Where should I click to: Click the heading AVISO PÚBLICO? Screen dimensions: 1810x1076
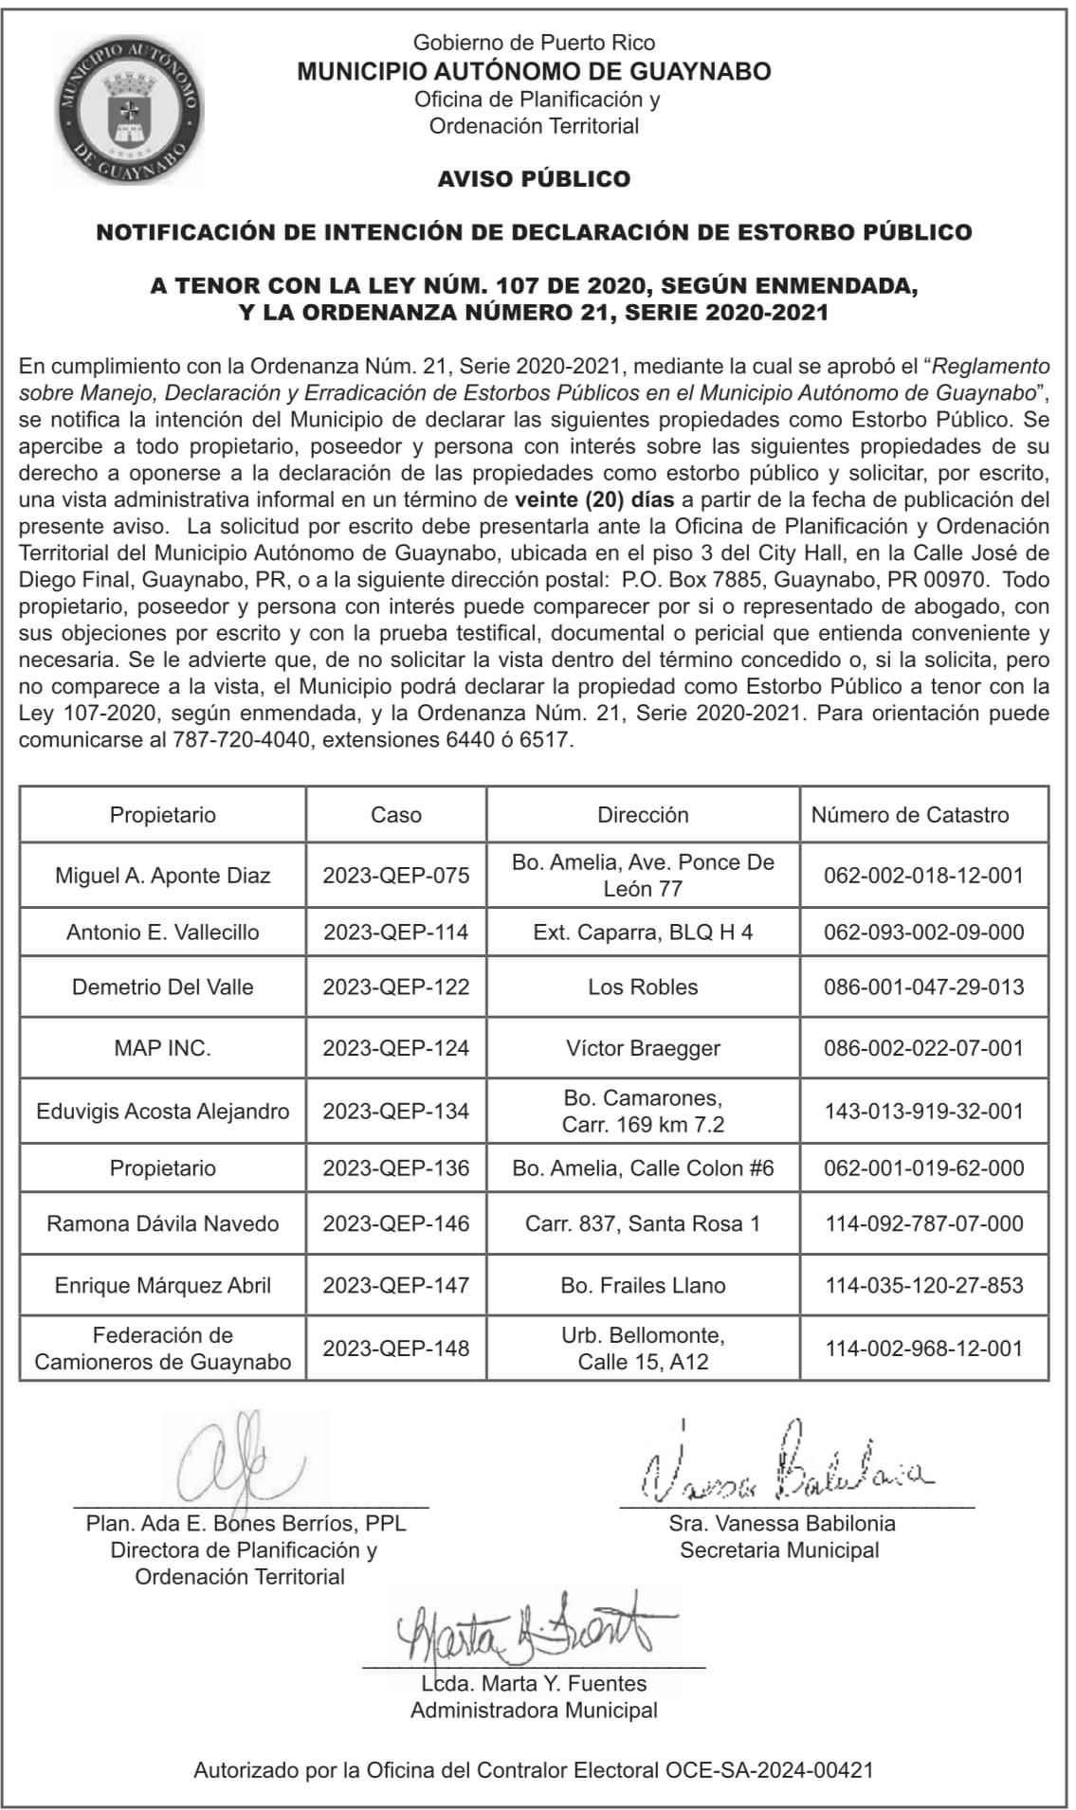[534, 179]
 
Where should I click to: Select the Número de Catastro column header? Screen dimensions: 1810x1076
[910, 815]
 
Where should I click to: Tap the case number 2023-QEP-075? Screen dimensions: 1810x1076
[395, 876]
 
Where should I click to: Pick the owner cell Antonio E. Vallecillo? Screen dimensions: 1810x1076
[162, 932]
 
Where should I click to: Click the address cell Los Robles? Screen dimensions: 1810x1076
[643, 987]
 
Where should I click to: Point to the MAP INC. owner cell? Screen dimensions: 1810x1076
[162, 1048]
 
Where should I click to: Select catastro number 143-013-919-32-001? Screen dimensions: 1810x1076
[924, 1111]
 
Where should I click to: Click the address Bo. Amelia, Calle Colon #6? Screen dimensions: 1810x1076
[643, 1168]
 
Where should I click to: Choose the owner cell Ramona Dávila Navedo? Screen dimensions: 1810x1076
[162, 1223]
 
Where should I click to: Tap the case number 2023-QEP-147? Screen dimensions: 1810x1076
[395, 1286]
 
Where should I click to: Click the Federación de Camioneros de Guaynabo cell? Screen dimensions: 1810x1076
[162, 1348]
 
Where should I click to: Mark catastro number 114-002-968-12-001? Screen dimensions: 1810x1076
[924, 1348]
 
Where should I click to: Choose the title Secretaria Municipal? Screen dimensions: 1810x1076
[779, 1550]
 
